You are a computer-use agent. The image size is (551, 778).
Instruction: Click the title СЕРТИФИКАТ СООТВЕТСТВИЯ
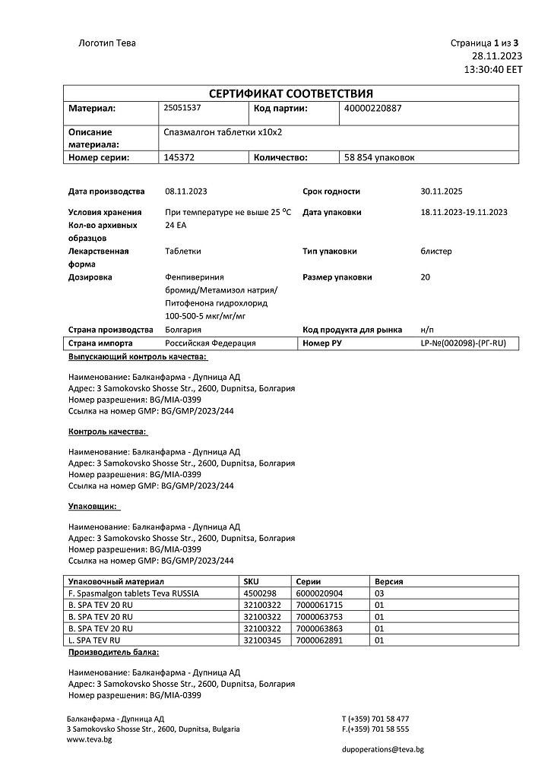click(x=291, y=93)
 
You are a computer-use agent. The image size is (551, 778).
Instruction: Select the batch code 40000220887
click(x=372, y=108)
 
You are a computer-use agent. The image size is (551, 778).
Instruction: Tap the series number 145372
click(x=179, y=157)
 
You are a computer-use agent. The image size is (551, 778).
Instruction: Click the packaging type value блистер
click(x=435, y=251)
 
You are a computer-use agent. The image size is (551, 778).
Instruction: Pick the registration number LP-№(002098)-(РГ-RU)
click(x=463, y=343)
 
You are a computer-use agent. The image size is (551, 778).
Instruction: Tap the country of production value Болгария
click(x=183, y=330)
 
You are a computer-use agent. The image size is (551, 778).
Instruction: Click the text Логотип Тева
click(x=107, y=43)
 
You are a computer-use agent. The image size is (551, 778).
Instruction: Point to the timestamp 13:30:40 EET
click(x=493, y=68)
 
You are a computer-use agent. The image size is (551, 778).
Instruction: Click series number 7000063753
click(x=319, y=617)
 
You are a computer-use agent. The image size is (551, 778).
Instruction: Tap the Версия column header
click(x=389, y=581)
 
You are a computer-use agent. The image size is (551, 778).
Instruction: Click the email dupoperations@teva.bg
click(x=382, y=749)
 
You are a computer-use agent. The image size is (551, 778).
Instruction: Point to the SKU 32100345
click(x=261, y=640)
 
